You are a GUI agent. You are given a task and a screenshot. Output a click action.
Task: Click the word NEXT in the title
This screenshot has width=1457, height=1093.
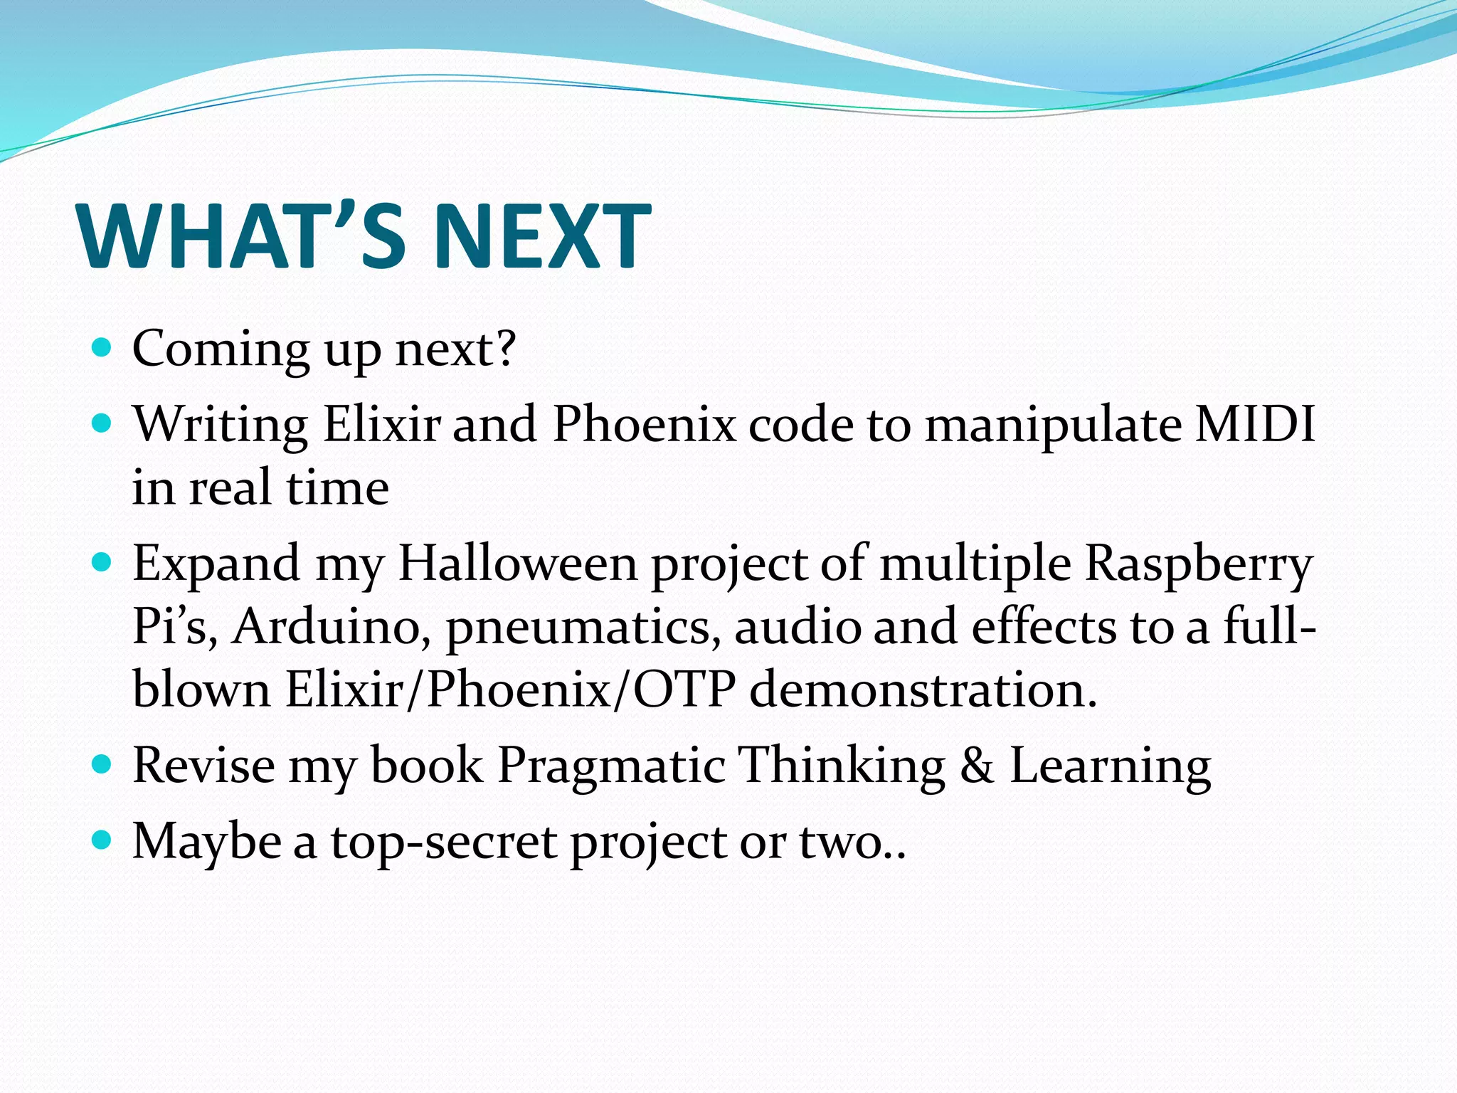coord(541,236)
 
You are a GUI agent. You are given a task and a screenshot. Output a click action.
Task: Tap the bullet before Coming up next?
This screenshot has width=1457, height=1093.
coord(102,348)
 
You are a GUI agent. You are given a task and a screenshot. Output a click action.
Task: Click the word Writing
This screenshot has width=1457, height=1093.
coord(221,426)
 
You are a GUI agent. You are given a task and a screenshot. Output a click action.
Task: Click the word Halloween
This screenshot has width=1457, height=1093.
coord(517,564)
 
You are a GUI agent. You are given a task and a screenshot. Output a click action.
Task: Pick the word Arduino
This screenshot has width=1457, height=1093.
coord(332,628)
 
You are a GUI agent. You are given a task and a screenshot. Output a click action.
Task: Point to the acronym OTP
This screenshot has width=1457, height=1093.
coord(684,690)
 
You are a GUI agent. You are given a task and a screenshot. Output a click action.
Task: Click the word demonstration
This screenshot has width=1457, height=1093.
coord(923,690)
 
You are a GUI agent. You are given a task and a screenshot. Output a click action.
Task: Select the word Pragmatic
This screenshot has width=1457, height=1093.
coord(610,767)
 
